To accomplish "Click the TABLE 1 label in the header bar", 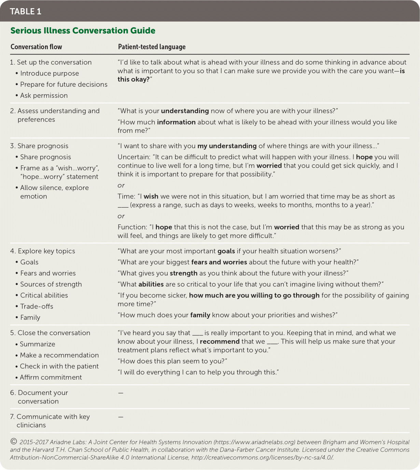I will (26, 12).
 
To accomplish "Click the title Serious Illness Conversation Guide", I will (83, 31).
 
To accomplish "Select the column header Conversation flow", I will (36, 47).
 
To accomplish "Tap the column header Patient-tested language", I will (152, 47).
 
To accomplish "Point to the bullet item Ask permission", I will (44, 96).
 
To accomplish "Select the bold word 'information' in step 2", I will (176, 122).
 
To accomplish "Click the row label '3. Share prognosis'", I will (39, 146).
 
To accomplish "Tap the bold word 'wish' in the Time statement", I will (151, 196).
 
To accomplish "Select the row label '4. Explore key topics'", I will (43, 251).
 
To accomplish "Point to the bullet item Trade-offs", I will (37, 306).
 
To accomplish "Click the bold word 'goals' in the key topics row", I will (226, 251).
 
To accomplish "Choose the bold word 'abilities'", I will (151, 284).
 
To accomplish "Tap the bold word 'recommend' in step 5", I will (220, 342).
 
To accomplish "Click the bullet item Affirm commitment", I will (51, 377).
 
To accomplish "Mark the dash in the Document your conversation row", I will (121, 393).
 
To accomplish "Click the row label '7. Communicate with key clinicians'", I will (50, 421).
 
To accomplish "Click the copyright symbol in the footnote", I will (14, 442).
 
